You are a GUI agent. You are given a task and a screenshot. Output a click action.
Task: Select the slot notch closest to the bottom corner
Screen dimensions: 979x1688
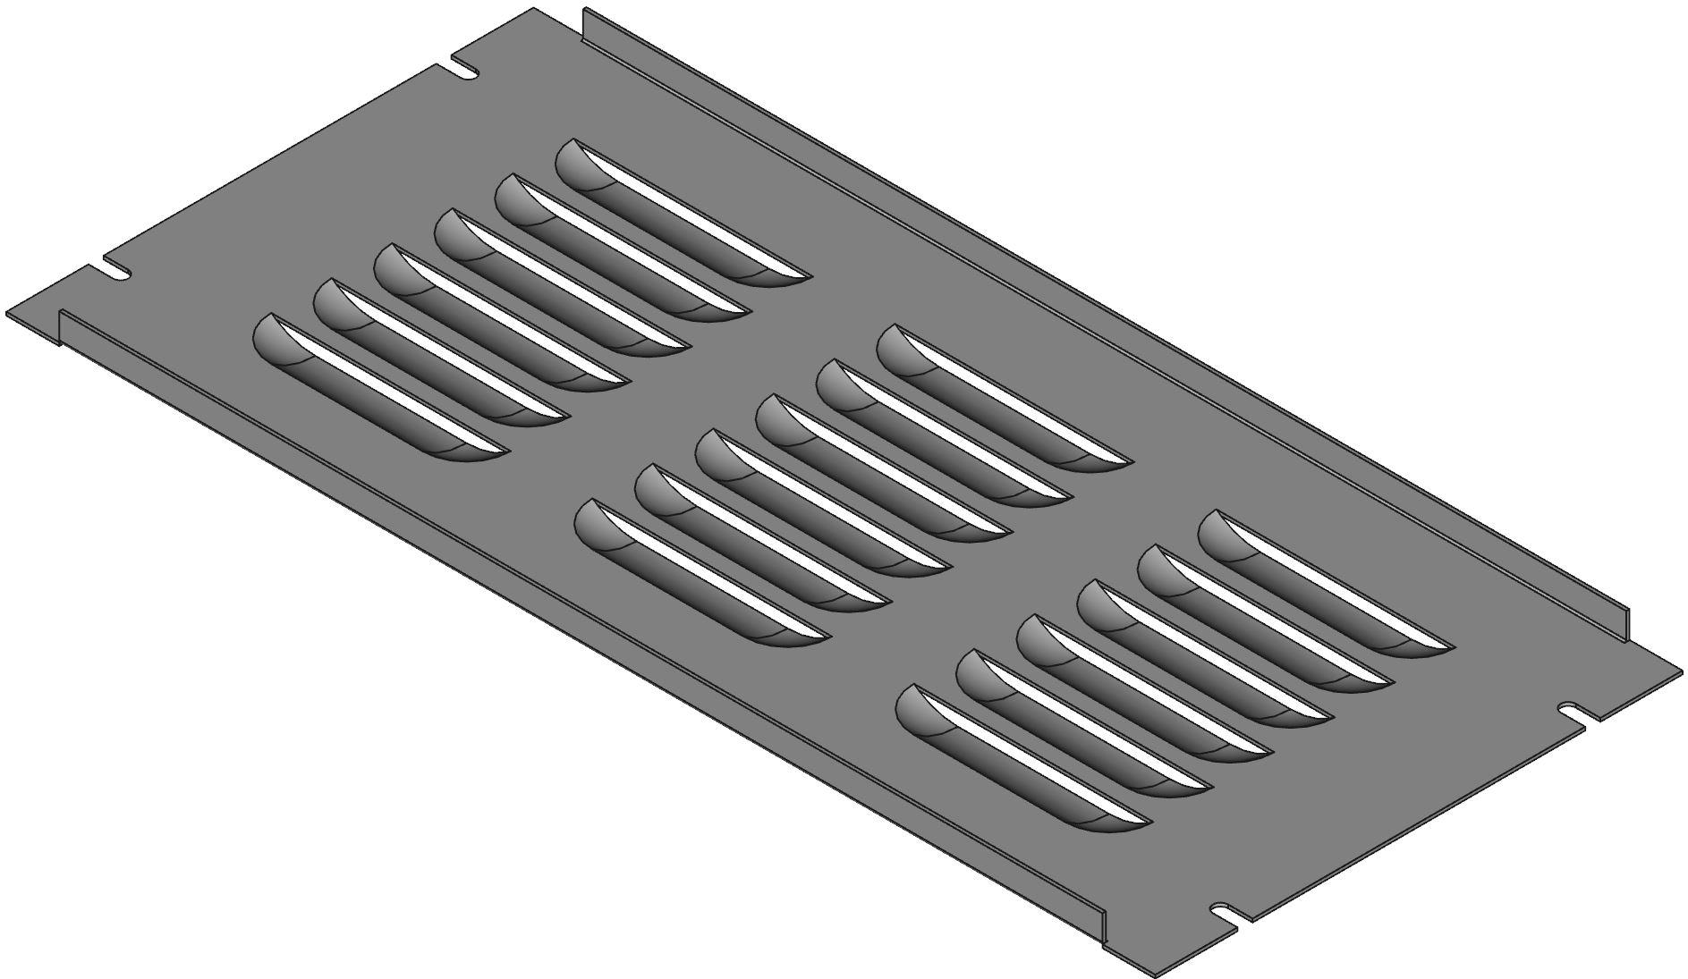[1231, 913]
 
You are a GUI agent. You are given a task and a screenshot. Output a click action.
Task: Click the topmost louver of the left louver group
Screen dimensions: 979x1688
[680, 215]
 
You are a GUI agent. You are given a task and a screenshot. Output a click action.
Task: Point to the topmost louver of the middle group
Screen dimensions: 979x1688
[1002, 400]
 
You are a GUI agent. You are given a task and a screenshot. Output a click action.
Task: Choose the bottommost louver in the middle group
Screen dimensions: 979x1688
[702, 577]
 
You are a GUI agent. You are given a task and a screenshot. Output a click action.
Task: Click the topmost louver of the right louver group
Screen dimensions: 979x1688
[1324, 586]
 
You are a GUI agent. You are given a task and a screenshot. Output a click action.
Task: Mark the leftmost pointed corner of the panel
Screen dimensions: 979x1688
[9, 315]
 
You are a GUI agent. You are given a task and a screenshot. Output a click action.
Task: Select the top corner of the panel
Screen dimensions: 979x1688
[534, 9]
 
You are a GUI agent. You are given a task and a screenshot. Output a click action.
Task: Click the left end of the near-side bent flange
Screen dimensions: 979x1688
[61, 326]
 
